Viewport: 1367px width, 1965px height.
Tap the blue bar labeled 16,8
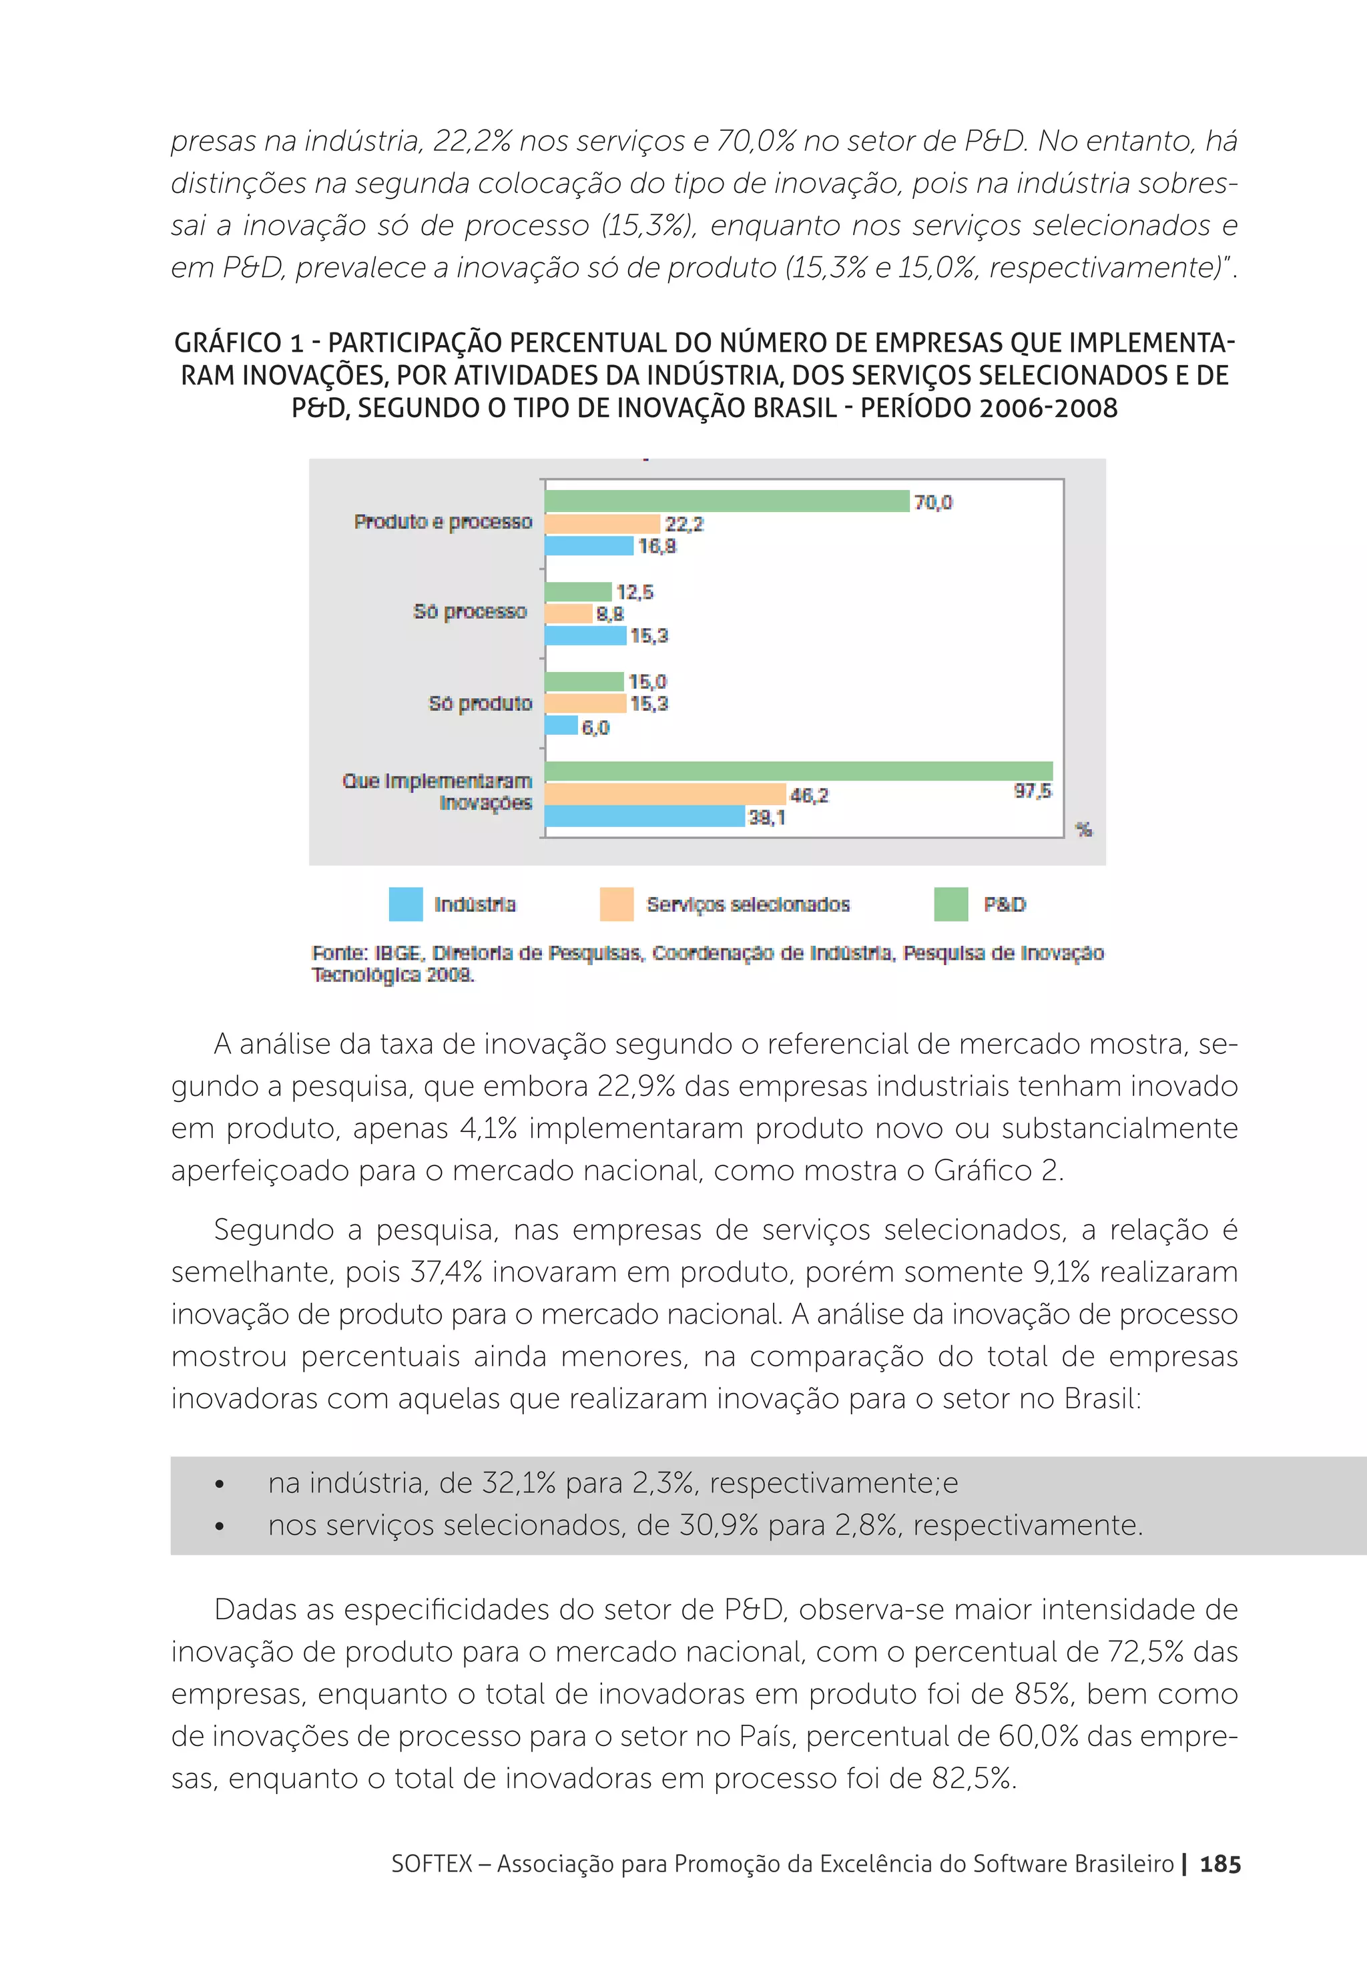(x=589, y=546)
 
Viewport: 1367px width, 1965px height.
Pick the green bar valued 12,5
(x=578, y=591)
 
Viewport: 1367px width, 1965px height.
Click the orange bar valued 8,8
(x=569, y=613)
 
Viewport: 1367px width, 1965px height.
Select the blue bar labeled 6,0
(x=561, y=726)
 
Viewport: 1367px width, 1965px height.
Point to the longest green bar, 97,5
(x=798, y=771)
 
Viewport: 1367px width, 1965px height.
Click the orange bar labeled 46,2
(x=665, y=794)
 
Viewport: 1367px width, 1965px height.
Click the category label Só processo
(x=469, y=612)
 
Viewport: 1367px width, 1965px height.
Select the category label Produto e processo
(x=443, y=522)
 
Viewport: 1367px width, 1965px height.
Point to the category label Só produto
(x=479, y=704)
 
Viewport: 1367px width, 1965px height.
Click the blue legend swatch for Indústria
(x=406, y=904)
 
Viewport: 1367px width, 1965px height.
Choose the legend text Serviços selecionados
(x=748, y=904)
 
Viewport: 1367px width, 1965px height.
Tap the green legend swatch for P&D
(x=950, y=904)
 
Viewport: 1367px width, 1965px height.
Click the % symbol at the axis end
(x=1084, y=829)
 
